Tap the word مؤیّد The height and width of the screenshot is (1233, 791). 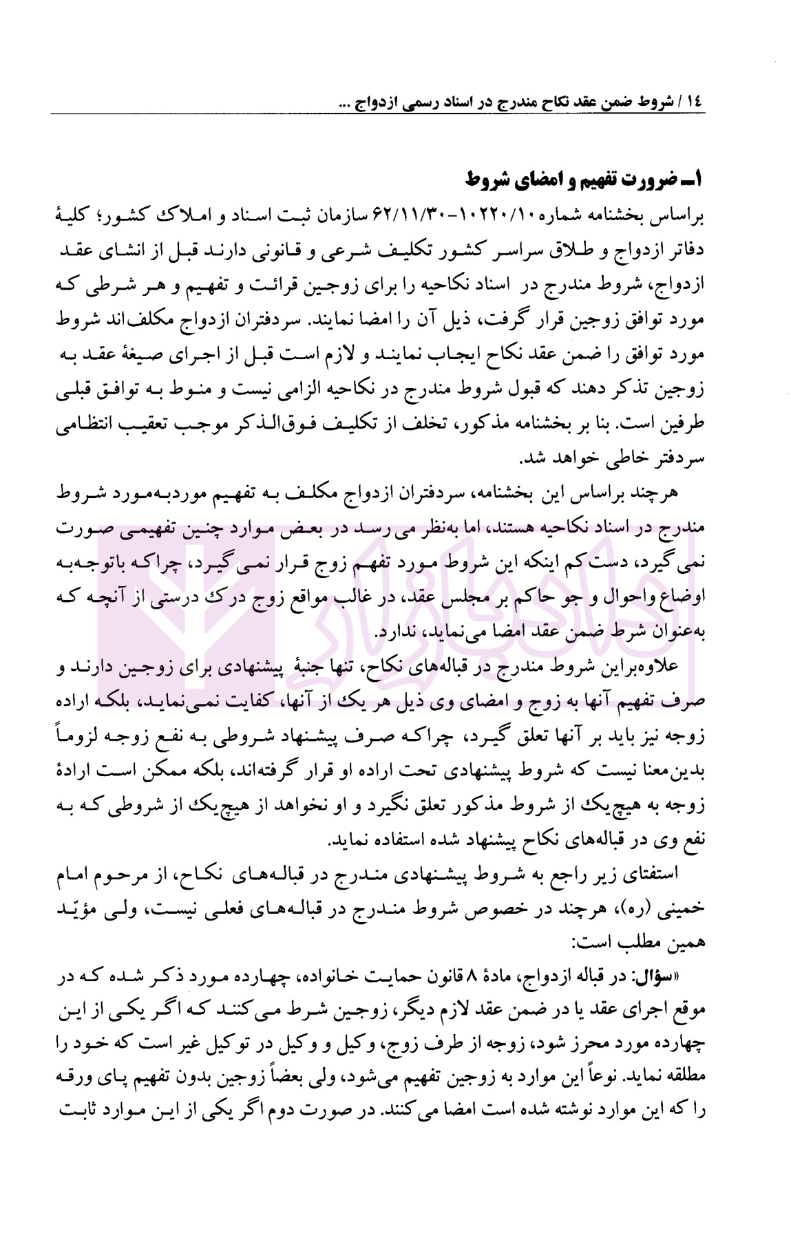tap(78, 909)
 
